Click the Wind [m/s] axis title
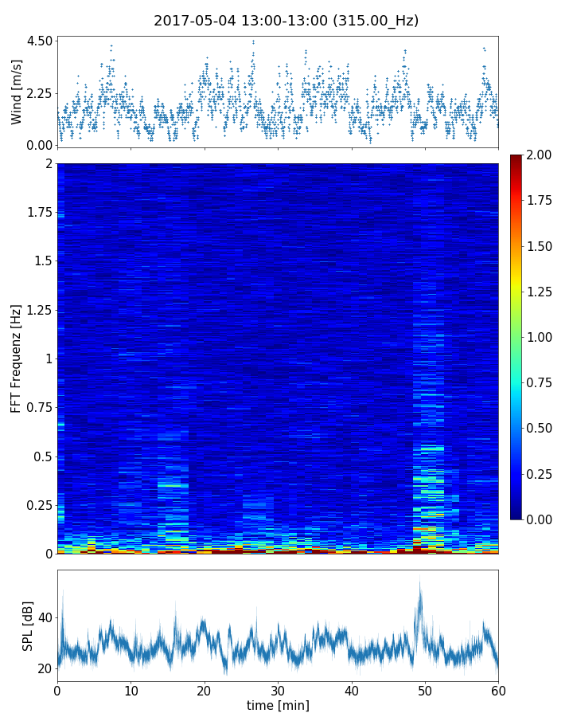click(17, 94)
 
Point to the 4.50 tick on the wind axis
click(39, 41)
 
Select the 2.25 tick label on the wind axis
click(39, 93)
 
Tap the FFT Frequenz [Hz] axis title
click(17, 358)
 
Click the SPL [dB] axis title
click(28, 625)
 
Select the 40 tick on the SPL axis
click(44, 617)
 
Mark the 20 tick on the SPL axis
click(44, 668)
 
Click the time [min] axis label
click(278, 705)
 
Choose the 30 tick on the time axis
click(278, 690)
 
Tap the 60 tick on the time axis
click(498, 690)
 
